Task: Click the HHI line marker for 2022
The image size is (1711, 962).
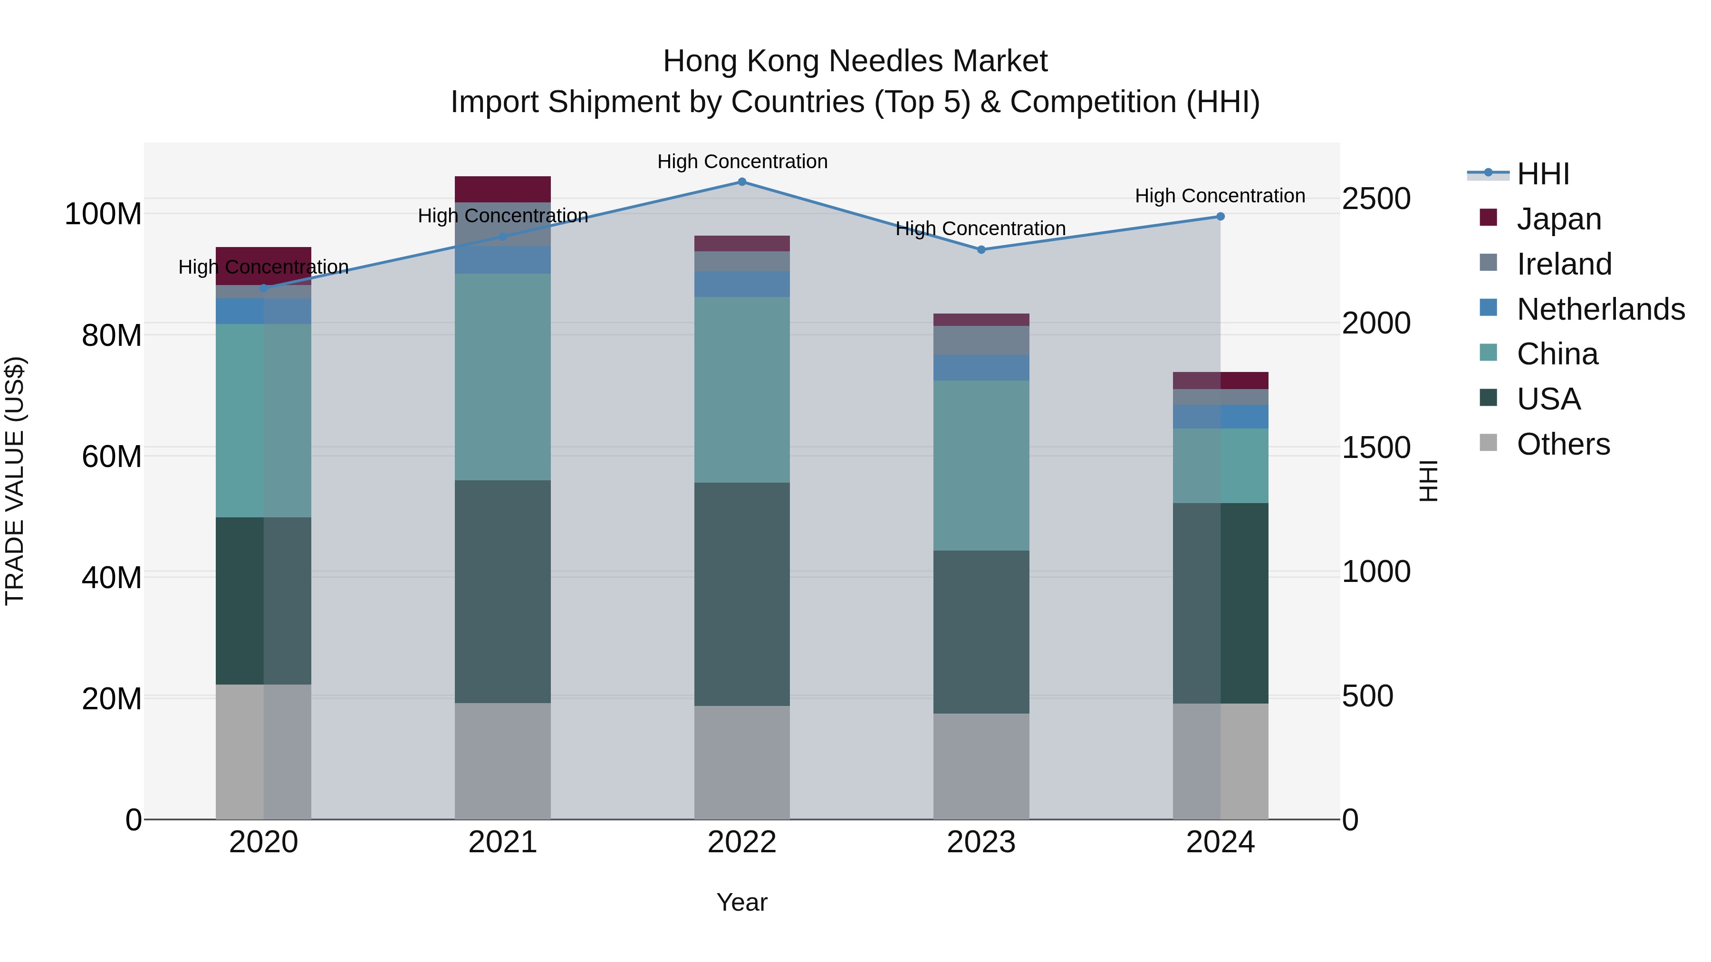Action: pyautogui.click(x=742, y=182)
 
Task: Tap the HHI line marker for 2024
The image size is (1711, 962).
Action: pyautogui.click(x=1220, y=217)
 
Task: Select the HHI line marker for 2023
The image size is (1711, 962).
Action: pyautogui.click(x=981, y=249)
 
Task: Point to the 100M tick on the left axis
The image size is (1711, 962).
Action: pyautogui.click(x=103, y=214)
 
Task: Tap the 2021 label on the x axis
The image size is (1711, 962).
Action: pyautogui.click(x=503, y=842)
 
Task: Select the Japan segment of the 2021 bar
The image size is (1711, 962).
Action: pyautogui.click(x=503, y=189)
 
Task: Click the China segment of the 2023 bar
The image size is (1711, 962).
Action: pyautogui.click(x=981, y=465)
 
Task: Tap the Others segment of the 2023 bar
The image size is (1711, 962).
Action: pyautogui.click(x=981, y=766)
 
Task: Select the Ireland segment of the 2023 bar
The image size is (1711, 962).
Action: pyautogui.click(x=981, y=340)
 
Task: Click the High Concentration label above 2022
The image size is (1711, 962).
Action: pyautogui.click(x=742, y=162)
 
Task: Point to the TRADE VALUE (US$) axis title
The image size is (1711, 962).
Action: pyautogui.click(x=15, y=481)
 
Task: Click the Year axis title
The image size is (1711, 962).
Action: pyautogui.click(x=742, y=902)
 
